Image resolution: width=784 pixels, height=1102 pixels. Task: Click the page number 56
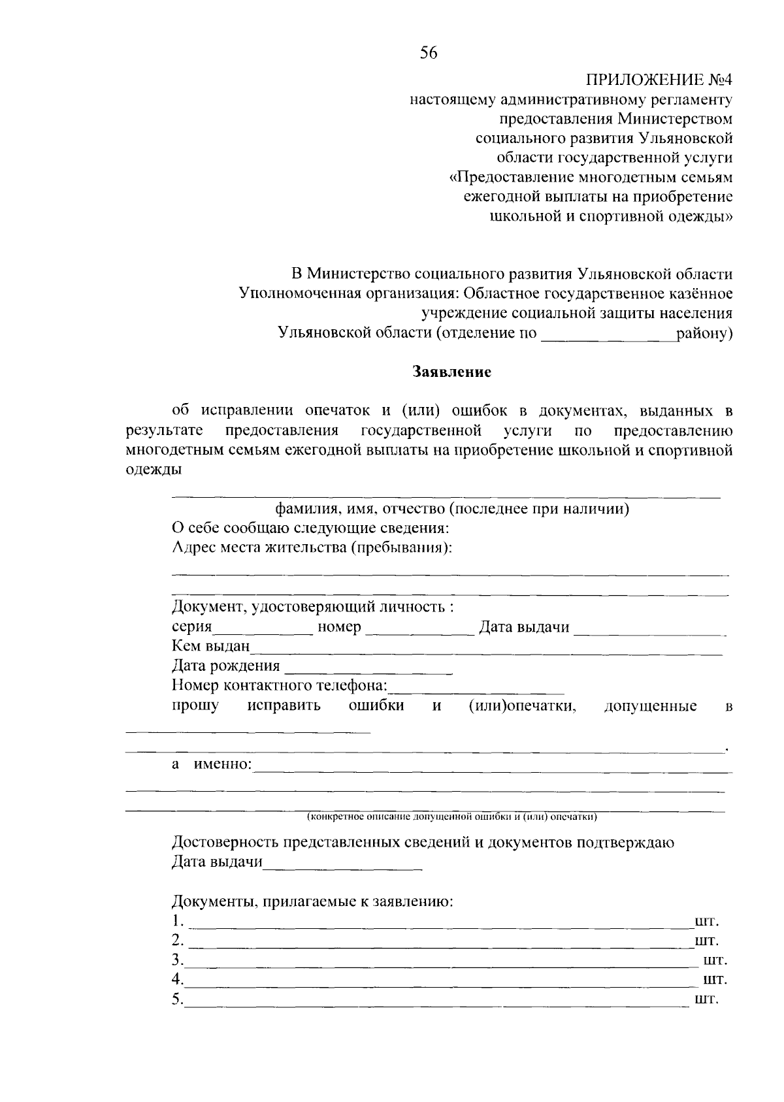pyautogui.click(x=429, y=54)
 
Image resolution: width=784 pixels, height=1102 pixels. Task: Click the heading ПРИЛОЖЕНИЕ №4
pyautogui.click(x=659, y=80)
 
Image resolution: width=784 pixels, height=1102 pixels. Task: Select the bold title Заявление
pyautogui.click(x=451, y=372)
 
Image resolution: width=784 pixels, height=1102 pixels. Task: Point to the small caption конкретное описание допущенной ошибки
pyautogui.click(x=452, y=817)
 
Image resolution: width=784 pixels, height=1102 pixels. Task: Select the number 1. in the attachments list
pyautogui.click(x=178, y=922)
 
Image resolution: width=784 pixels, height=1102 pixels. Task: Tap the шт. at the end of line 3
pyautogui.click(x=715, y=961)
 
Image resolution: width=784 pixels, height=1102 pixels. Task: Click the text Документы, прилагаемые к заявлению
pyautogui.click(x=312, y=902)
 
